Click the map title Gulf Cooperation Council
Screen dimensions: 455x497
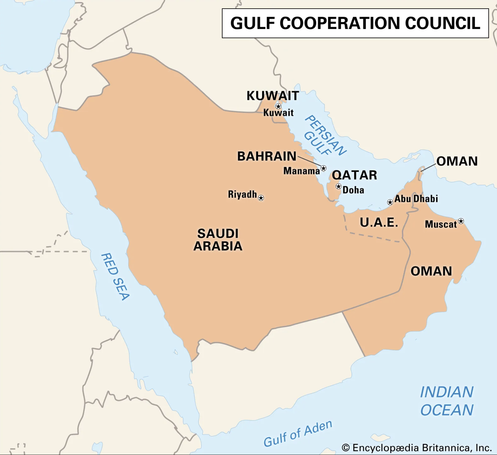click(x=355, y=23)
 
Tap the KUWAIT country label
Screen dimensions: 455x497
click(x=273, y=96)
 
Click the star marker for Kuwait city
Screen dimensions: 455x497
click(x=278, y=106)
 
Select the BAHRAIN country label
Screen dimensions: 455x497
click(x=267, y=156)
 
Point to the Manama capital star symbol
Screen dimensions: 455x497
click(x=324, y=168)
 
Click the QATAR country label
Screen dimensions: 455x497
click(x=354, y=175)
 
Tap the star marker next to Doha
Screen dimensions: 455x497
click(x=339, y=186)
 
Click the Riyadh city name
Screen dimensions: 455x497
click(x=242, y=194)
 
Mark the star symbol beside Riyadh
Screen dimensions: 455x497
click(x=261, y=198)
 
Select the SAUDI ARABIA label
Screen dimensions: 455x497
click(x=218, y=240)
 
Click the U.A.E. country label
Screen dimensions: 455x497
click(x=379, y=223)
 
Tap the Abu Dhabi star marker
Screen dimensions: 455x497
click(x=390, y=202)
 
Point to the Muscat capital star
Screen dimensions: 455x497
click(x=461, y=221)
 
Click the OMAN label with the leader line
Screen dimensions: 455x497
click(x=457, y=161)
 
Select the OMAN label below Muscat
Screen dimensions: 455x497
click(x=431, y=271)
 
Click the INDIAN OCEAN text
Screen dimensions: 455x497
click(x=447, y=401)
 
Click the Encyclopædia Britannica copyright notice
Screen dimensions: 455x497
click(x=417, y=448)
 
